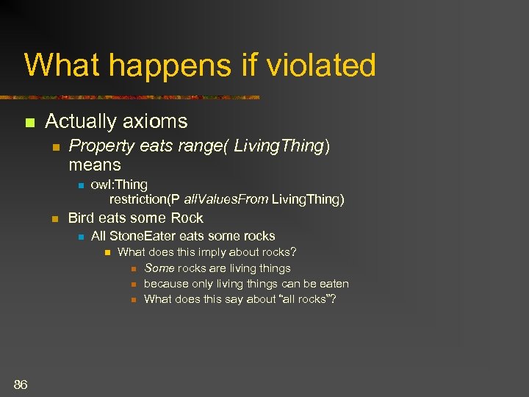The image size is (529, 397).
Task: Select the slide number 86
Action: pyautogui.click(x=21, y=384)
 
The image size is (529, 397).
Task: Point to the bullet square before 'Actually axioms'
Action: pyautogui.click(x=29, y=123)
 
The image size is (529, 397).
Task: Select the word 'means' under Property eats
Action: pyautogui.click(x=94, y=165)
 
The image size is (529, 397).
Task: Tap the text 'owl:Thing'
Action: pyautogui.click(x=119, y=184)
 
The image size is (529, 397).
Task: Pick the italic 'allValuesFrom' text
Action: pyautogui.click(x=226, y=198)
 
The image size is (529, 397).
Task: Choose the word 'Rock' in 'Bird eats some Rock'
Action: pyautogui.click(x=187, y=218)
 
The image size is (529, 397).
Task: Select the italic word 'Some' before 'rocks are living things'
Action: pyautogui.click(x=159, y=268)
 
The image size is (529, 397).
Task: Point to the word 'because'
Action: pyautogui.click(x=166, y=284)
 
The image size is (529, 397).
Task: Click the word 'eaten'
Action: pyautogui.click(x=333, y=284)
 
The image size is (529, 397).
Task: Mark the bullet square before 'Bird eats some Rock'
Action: pyautogui.click(x=54, y=219)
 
